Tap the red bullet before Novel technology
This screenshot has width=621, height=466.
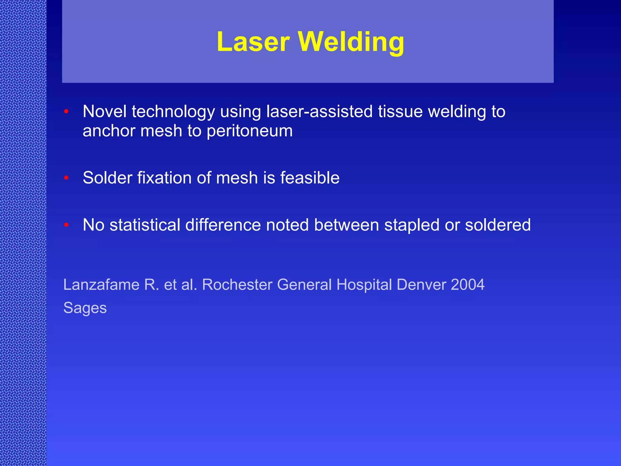pyautogui.click(x=66, y=111)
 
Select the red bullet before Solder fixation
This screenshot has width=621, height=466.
pyautogui.click(x=66, y=178)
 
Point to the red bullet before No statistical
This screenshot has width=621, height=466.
pyautogui.click(x=66, y=225)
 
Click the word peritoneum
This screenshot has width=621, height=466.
pyautogui.click(x=250, y=131)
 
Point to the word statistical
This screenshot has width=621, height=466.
pyautogui.click(x=145, y=225)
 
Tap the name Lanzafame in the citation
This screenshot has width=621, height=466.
pyautogui.click(x=101, y=285)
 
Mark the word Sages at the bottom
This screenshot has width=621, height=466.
pyautogui.click(x=85, y=308)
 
